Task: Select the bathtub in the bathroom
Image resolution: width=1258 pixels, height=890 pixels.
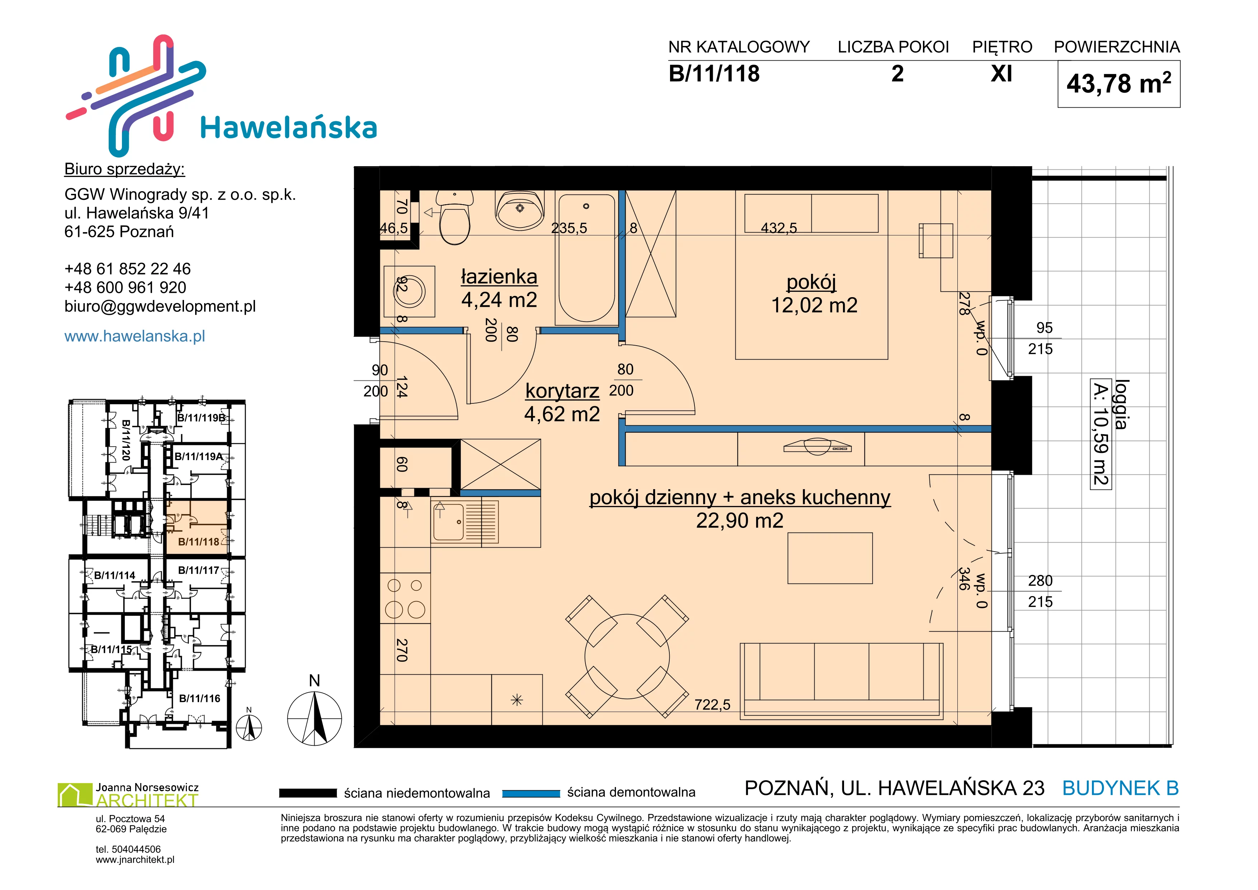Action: pos(586,258)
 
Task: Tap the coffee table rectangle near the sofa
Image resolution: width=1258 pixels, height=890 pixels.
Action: pos(830,558)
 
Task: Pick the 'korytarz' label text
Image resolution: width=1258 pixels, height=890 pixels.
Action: pos(562,391)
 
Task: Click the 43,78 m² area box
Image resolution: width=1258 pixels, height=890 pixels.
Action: pos(1119,84)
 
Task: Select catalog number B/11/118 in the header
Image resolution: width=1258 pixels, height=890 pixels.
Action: pos(714,74)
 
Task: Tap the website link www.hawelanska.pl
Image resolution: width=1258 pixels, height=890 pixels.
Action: pos(135,336)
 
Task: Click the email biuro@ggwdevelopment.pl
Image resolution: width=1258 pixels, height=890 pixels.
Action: pos(160,306)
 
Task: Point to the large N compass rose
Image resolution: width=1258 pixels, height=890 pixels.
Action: pos(315,718)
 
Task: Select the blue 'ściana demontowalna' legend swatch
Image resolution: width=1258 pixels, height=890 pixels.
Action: pos(531,793)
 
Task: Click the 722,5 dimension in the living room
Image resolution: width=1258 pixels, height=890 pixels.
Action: pos(712,705)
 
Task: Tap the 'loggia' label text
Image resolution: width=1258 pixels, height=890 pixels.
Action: pos(1122,404)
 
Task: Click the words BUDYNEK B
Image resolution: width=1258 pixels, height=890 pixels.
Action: pos(1121,788)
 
